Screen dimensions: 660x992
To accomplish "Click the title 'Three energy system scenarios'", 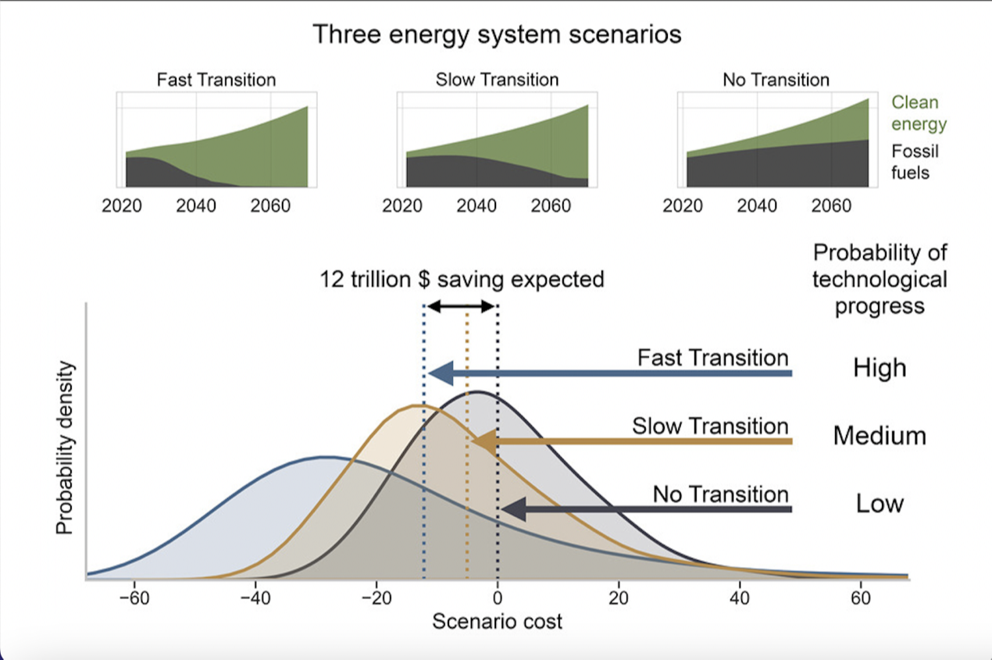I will (x=497, y=35).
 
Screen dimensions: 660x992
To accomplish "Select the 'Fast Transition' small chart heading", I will (x=216, y=80).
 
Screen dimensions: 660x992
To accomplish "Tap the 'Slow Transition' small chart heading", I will (x=497, y=80).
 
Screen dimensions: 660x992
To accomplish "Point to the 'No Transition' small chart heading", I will (x=776, y=80).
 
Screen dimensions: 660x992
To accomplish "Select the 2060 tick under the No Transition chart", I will (x=831, y=206).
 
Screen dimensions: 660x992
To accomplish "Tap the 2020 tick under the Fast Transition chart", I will (x=121, y=206).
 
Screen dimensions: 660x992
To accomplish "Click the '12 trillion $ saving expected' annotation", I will (x=462, y=280).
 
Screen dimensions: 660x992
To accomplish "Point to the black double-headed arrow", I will (x=461, y=307).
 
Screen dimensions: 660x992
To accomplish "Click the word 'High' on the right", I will (x=880, y=368).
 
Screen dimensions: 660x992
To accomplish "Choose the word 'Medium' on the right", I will (x=880, y=435).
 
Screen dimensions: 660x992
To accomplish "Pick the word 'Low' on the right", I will (x=880, y=504).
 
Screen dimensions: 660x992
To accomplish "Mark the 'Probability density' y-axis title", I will (x=66, y=448).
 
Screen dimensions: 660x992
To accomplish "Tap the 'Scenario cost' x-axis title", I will (x=497, y=623).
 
